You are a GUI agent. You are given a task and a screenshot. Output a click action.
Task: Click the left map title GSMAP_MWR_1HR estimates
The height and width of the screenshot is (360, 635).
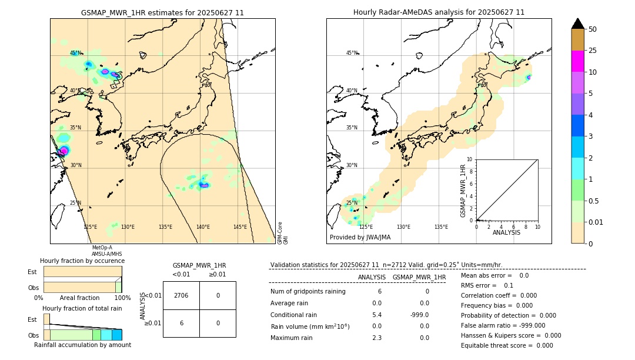pos(162,12)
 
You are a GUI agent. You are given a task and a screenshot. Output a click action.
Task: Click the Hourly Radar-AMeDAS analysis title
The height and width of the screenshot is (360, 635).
pos(439,12)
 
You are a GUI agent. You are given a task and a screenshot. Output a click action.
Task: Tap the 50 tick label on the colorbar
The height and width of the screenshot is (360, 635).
pos(593,29)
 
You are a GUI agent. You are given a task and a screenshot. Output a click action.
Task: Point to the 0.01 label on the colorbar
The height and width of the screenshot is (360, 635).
pos(596,222)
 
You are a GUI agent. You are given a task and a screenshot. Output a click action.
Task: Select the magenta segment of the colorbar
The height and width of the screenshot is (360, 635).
pos(577,61)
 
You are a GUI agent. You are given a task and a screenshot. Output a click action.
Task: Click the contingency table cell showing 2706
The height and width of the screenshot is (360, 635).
pos(181,295)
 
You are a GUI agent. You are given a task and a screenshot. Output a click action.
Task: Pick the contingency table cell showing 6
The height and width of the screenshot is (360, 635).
pos(181,323)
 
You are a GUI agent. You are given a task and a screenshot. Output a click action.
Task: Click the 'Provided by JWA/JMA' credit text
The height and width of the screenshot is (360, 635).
pos(360,238)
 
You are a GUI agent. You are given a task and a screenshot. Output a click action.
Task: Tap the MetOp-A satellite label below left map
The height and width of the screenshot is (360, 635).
pos(102,248)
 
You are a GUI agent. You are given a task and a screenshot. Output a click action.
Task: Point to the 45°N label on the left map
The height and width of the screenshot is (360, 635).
pos(75,53)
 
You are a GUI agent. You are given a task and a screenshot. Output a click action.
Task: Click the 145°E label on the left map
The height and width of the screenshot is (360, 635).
pos(240,227)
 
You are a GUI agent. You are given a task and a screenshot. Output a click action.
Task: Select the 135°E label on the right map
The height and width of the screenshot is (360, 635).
pos(441,227)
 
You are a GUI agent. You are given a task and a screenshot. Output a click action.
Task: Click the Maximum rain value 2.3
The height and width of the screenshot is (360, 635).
pos(377,338)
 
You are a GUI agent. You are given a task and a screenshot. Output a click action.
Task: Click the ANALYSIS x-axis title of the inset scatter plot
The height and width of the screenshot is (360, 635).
pos(507,233)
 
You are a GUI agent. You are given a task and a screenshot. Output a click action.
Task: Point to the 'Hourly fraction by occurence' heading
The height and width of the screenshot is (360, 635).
pos(82,261)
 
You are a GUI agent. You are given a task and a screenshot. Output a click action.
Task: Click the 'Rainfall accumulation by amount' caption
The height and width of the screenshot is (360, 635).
pos(82,345)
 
